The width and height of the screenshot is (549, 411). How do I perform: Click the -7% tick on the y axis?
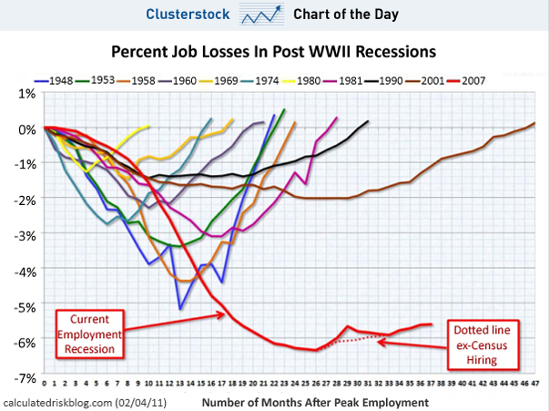point(23,375)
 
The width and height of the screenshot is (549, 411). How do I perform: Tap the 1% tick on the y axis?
point(25,93)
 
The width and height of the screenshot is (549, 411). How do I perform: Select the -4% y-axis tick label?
point(23,270)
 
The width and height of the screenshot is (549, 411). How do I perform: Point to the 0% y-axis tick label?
point(25,128)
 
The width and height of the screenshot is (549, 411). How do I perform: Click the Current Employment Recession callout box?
point(89,333)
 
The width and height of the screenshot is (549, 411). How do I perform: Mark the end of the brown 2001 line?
point(534,123)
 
